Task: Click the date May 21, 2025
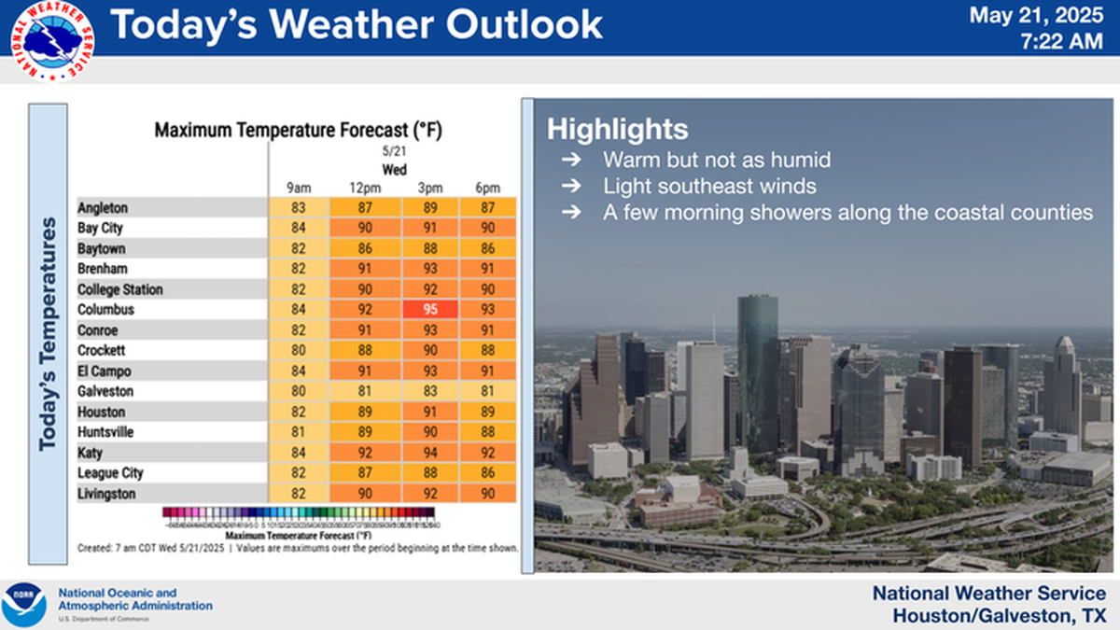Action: pyautogui.click(x=1036, y=16)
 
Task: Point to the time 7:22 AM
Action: pyautogui.click(x=1062, y=41)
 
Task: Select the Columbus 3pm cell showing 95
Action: pyautogui.click(x=430, y=310)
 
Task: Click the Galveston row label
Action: pyautogui.click(x=105, y=392)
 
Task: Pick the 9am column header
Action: pyautogui.click(x=299, y=189)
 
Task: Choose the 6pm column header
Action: pyautogui.click(x=487, y=189)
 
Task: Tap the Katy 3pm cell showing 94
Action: pyautogui.click(x=430, y=454)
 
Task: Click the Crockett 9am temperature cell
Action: pyautogui.click(x=299, y=351)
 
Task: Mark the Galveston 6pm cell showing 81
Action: pyautogui.click(x=487, y=392)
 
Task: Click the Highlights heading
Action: pyautogui.click(x=618, y=129)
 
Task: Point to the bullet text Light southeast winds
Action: pyautogui.click(x=709, y=186)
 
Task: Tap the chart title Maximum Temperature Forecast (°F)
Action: pyautogui.click(x=298, y=131)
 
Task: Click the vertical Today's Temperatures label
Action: pyautogui.click(x=48, y=336)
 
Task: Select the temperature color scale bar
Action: pyautogui.click(x=298, y=512)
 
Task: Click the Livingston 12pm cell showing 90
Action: pyautogui.click(x=365, y=494)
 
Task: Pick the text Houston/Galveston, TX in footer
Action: pyautogui.click(x=999, y=616)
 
